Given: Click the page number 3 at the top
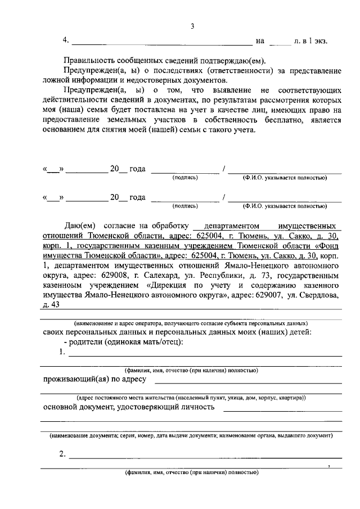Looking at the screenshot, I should tap(192, 26).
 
